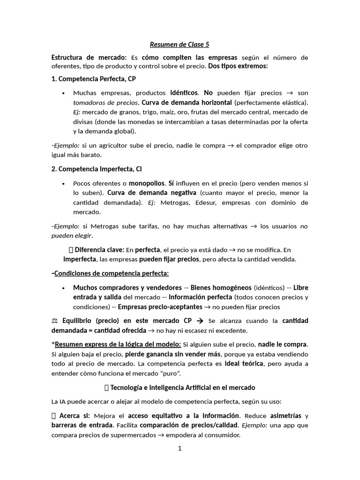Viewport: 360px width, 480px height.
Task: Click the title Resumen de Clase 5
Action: coord(180,45)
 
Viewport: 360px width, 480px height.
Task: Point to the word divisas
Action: coord(83,121)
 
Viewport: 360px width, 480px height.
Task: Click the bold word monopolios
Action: coord(146,183)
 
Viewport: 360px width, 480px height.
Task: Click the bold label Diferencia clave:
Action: coord(99,250)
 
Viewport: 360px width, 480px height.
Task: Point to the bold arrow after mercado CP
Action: coord(199,321)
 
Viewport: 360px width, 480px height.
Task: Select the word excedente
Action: coord(232,330)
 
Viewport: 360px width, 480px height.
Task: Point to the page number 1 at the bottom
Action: coord(180,449)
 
